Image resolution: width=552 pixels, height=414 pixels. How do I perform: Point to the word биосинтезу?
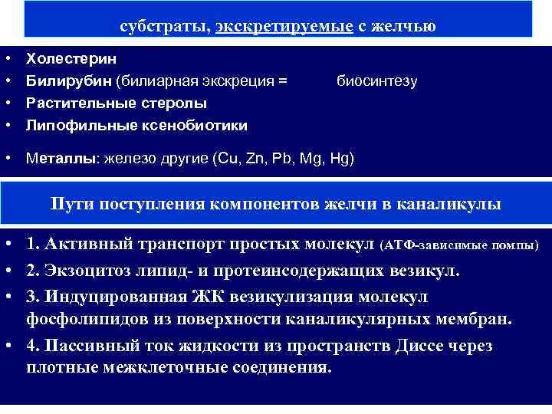click(x=377, y=80)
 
